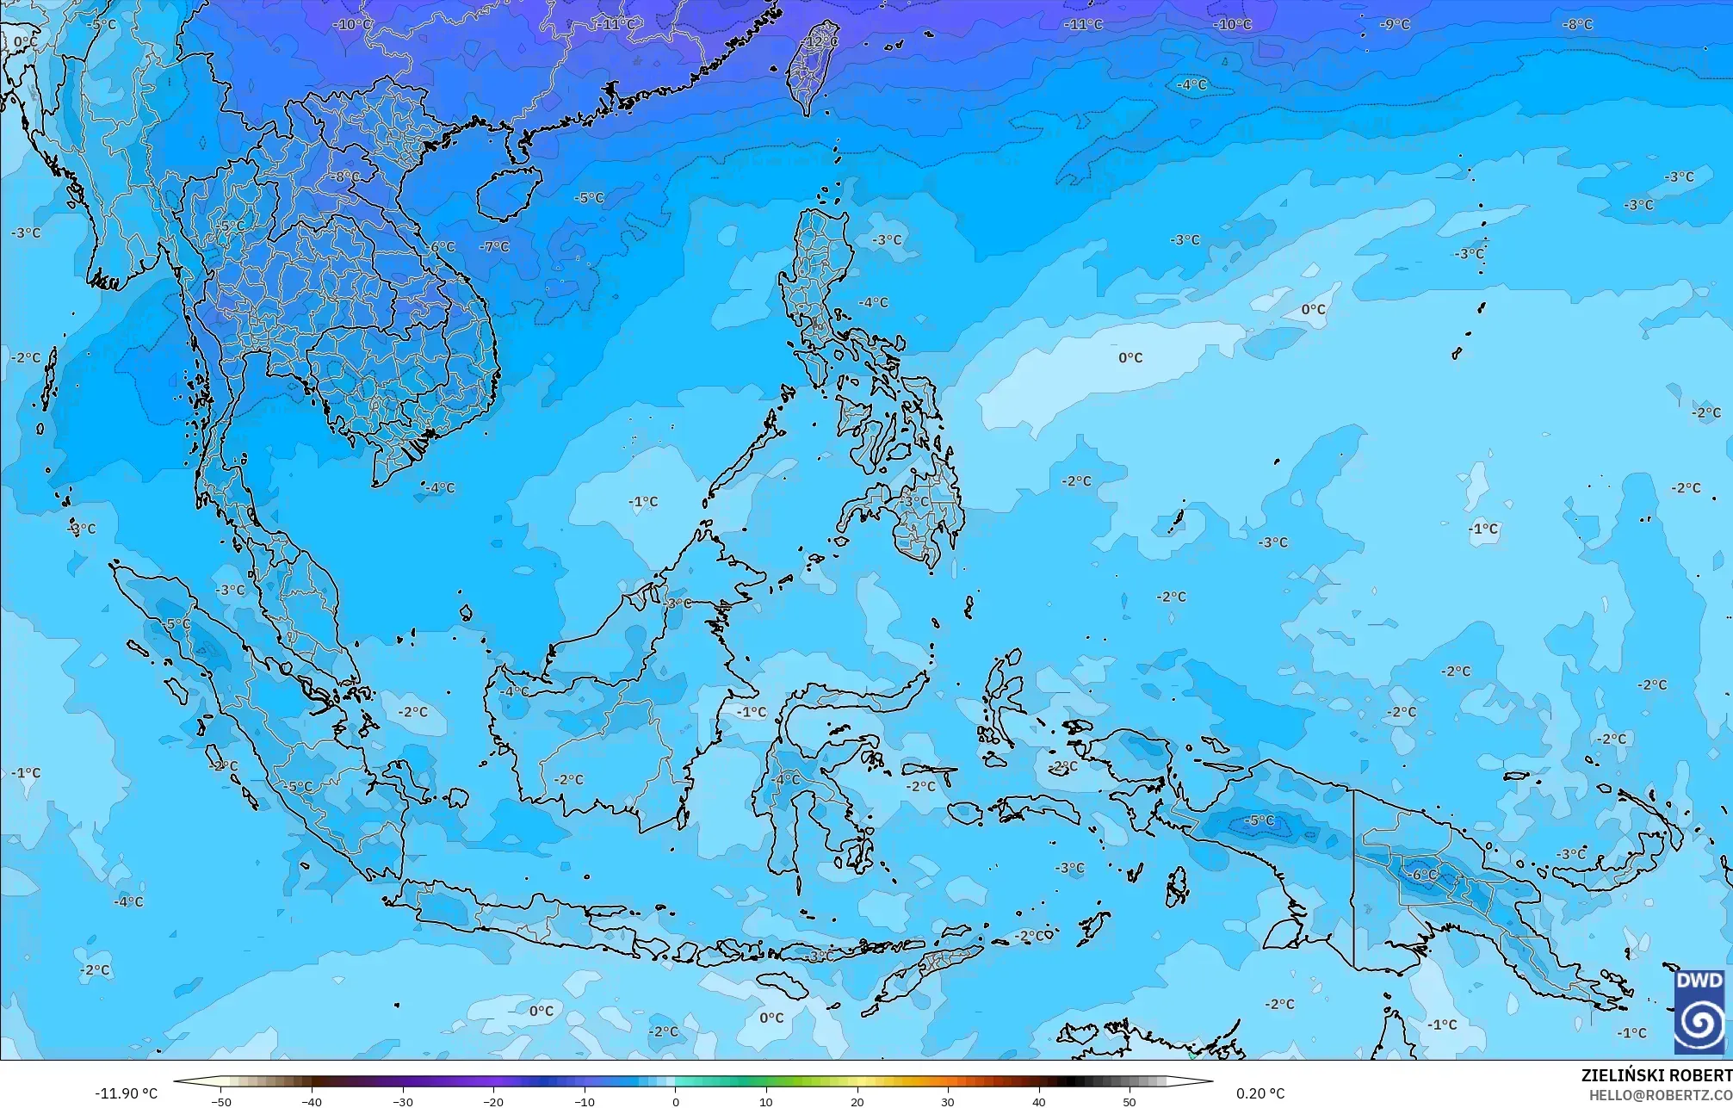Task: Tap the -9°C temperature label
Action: coord(1395,25)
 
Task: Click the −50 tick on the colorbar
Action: coord(220,1101)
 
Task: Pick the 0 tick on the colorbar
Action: coord(676,1101)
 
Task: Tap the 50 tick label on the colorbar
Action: coord(1130,1101)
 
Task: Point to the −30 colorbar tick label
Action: coord(402,1101)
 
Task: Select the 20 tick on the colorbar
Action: coord(857,1101)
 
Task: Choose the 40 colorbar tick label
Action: coord(1039,1101)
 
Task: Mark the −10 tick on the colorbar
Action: coord(584,1101)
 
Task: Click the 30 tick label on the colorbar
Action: coord(948,1101)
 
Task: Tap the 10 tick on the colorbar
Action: coord(766,1101)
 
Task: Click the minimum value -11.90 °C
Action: coord(126,1093)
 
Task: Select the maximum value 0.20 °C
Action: coord(1260,1093)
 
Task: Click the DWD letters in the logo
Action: coord(1699,981)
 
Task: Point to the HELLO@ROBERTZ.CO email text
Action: coord(1660,1095)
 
